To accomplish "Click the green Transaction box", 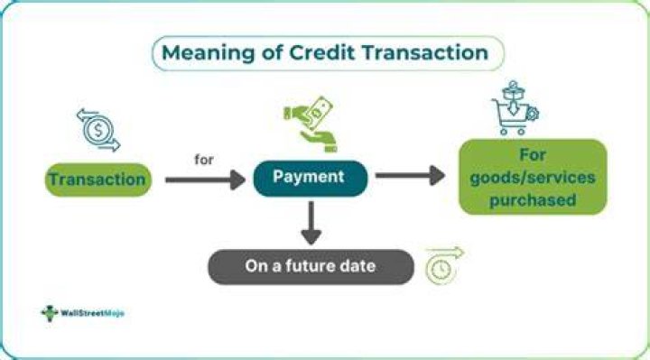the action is point(98,180).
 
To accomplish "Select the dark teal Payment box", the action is point(311,178).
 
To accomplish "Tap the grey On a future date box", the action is point(311,267).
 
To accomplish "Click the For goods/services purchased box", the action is point(533,177).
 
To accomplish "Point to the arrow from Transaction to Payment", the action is point(205,180).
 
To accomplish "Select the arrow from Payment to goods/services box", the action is point(410,176).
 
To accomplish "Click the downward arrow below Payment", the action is point(311,223).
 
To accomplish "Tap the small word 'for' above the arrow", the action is point(204,160).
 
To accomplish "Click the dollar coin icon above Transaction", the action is point(98,130).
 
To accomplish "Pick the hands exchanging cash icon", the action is point(311,124).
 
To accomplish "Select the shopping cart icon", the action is point(515,107).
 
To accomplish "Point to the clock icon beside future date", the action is point(444,265).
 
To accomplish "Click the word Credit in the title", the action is point(321,53).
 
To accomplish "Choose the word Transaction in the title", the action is point(425,53).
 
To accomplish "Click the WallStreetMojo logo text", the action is point(92,313).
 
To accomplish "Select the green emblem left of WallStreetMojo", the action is point(50,313).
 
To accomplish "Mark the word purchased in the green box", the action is point(533,200).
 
